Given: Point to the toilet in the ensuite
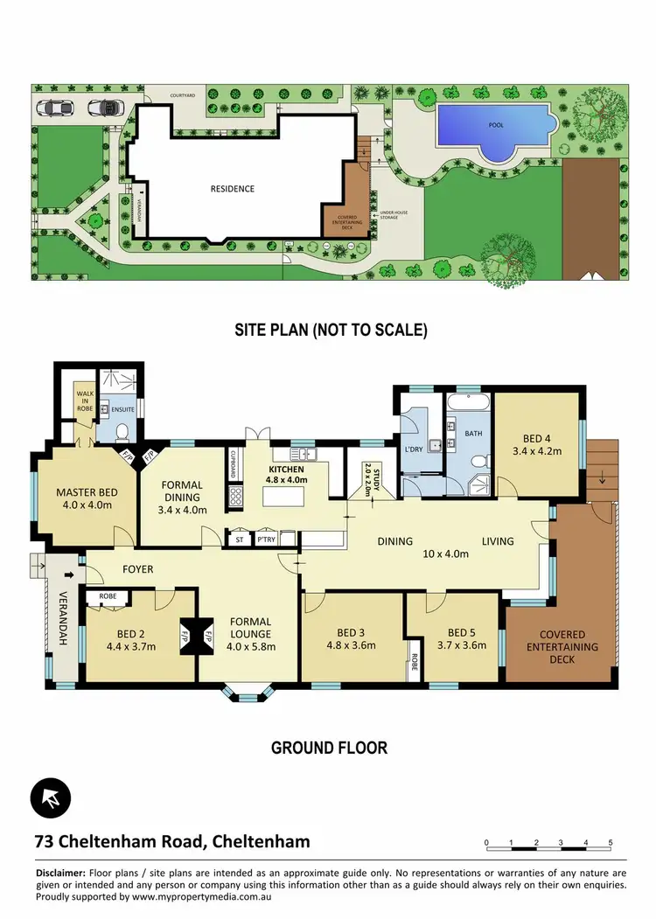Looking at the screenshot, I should pyautogui.click(x=122, y=430).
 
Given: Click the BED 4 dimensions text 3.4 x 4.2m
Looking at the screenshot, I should pyautogui.click(x=537, y=451).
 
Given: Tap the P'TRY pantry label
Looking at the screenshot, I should pyautogui.click(x=267, y=540).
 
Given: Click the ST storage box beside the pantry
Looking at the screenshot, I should pyautogui.click(x=239, y=540).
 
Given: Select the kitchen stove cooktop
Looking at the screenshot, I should pyautogui.click(x=236, y=498).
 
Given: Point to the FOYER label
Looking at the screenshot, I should pyautogui.click(x=137, y=569).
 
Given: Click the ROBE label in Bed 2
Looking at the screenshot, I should pyautogui.click(x=108, y=597).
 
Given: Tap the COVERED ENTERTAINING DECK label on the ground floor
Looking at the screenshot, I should pyautogui.click(x=562, y=647).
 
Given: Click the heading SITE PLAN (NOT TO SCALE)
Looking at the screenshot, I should pyautogui.click(x=330, y=330).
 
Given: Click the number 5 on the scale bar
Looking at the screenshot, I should pyautogui.click(x=611, y=843).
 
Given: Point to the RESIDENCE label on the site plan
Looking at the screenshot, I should pyautogui.click(x=233, y=188).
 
